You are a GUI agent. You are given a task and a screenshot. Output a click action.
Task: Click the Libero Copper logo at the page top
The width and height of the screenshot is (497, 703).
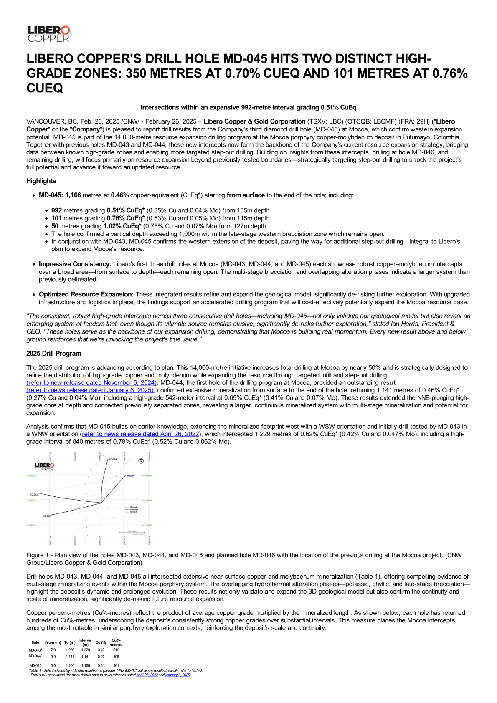[x=48, y=33]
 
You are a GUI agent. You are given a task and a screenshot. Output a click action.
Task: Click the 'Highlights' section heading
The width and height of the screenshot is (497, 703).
[x=41, y=181]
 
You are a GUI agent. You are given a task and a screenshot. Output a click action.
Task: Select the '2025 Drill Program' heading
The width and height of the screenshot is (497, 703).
[x=53, y=353]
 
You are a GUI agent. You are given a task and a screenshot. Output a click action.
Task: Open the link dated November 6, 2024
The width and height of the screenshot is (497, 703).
[x=91, y=383]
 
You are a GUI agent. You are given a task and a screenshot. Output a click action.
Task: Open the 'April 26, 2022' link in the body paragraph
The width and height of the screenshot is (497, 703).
[x=140, y=434]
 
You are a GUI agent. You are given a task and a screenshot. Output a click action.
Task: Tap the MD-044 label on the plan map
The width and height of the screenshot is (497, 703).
[x=112, y=459]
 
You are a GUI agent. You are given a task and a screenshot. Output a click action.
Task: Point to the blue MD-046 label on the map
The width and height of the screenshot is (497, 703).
[x=130, y=475]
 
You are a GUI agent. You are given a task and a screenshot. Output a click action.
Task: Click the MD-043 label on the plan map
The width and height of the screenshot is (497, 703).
[x=33, y=495]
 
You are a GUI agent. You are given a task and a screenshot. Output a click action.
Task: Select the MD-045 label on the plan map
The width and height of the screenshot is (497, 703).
[x=46, y=516]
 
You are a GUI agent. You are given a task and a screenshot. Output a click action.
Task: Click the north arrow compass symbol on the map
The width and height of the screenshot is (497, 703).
[x=141, y=461]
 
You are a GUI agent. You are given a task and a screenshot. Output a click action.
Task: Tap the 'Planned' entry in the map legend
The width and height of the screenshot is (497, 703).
[x=134, y=509]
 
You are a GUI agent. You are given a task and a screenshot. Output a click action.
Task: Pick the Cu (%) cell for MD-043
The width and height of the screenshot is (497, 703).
[x=101, y=650]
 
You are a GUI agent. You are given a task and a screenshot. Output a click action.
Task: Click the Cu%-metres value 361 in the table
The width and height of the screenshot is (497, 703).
[x=116, y=665]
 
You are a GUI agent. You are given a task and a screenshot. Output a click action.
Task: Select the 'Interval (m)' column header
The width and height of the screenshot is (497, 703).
[x=85, y=642]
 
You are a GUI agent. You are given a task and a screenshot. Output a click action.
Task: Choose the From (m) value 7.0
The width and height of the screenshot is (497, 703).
[x=53, y=650]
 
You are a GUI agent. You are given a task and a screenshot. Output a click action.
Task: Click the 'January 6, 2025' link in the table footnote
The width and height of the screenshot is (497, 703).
[x=177, y=675]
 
